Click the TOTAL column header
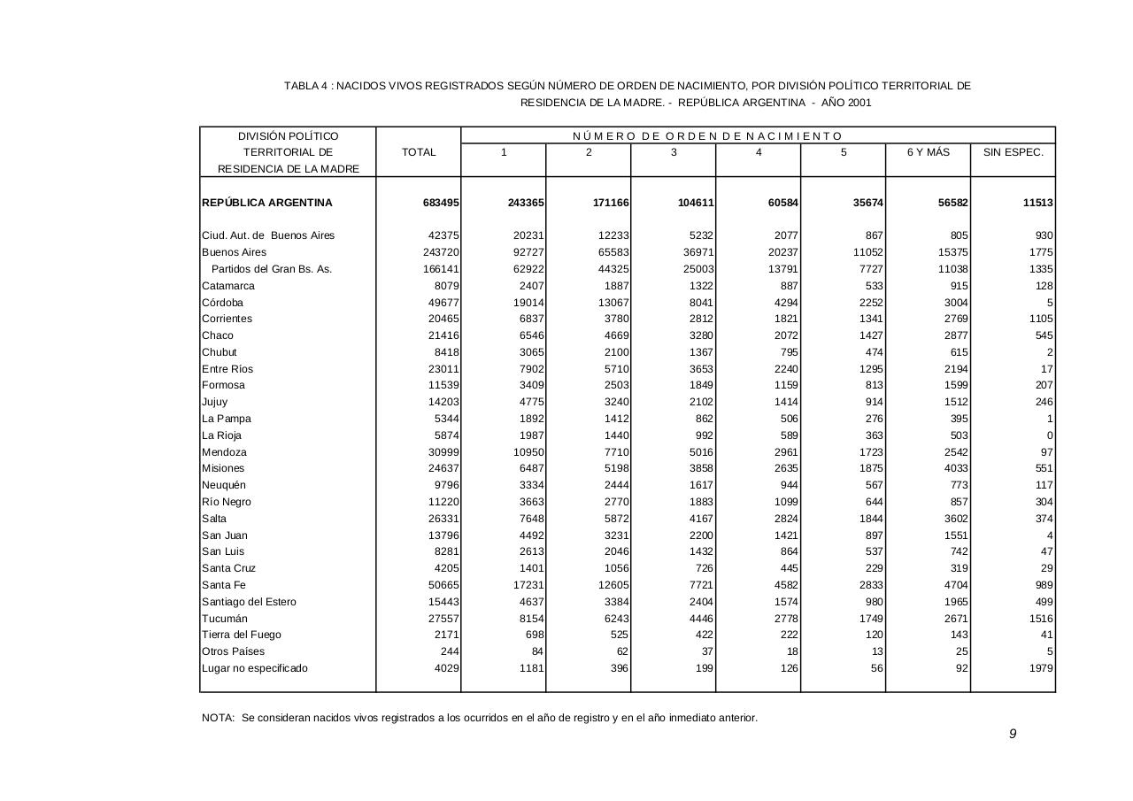tap(419, 152)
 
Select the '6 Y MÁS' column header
tap(928, 152)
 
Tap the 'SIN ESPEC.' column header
tap(1013, 152)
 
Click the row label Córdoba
tap(222, 303)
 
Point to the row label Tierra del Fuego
tap(236, 635)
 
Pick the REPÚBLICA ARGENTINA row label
tap(267, 203)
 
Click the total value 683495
tap(441, 203)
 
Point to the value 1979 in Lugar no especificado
tap(1041, 668)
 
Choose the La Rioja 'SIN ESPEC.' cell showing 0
tap(1050, 435)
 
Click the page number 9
tap(1013, 734)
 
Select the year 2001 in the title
tap(859, 103)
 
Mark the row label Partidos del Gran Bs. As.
tap(272, 269)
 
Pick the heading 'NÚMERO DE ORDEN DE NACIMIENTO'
tap(708, 136)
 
